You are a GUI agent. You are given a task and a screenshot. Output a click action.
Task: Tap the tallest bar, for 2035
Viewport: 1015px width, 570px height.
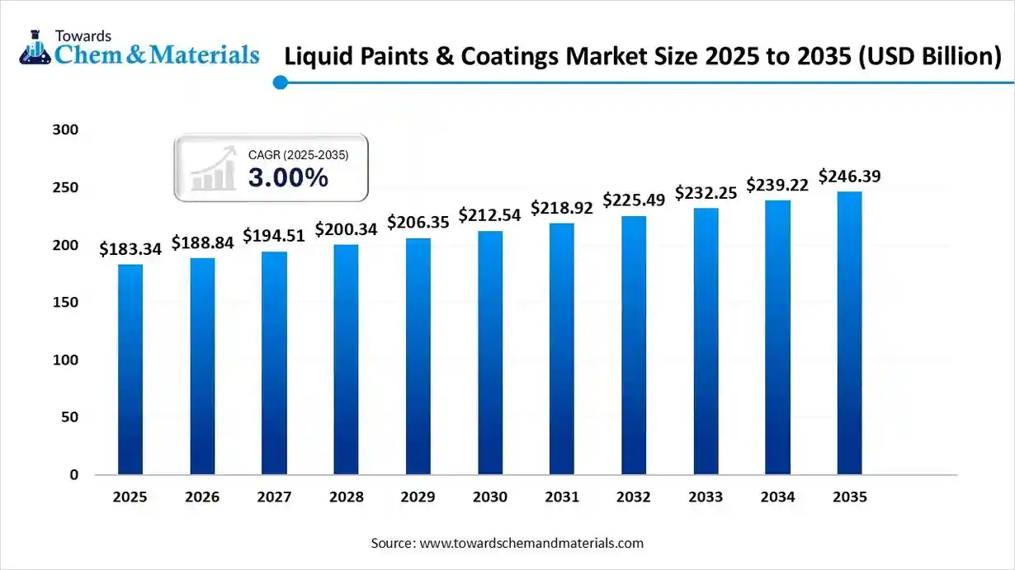(x=849, y=333)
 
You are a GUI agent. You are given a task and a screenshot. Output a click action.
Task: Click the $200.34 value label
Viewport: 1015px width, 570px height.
(x=346, y=229)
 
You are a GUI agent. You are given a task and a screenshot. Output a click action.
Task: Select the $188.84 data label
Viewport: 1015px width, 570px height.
(x=202, y=243)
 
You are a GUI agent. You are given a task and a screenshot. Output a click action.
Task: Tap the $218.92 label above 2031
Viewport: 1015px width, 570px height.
(x=562, y=208)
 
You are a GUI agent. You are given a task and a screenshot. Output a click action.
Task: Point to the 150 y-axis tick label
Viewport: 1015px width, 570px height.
(x=68, y=303)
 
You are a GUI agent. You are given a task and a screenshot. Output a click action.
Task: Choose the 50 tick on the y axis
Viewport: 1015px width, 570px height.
(x=71, y=417)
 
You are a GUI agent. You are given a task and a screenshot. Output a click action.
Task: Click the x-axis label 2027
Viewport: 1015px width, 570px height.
(x=274, y=497)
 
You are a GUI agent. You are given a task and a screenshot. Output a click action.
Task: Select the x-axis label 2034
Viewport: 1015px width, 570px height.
(x=777, y=497)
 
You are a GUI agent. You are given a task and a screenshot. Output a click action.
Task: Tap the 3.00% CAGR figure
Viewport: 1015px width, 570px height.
(x=288, y=177)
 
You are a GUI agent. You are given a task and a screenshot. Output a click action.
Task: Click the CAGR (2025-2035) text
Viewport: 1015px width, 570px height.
(x=298, y=154)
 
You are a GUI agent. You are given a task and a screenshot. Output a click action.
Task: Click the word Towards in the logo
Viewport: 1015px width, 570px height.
(x=83, y=35)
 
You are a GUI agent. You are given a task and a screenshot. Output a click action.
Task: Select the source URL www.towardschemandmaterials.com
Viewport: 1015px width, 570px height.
(x=531, y=544)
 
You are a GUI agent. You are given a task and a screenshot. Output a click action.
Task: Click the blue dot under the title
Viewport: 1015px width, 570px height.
(x=281, y=82)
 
